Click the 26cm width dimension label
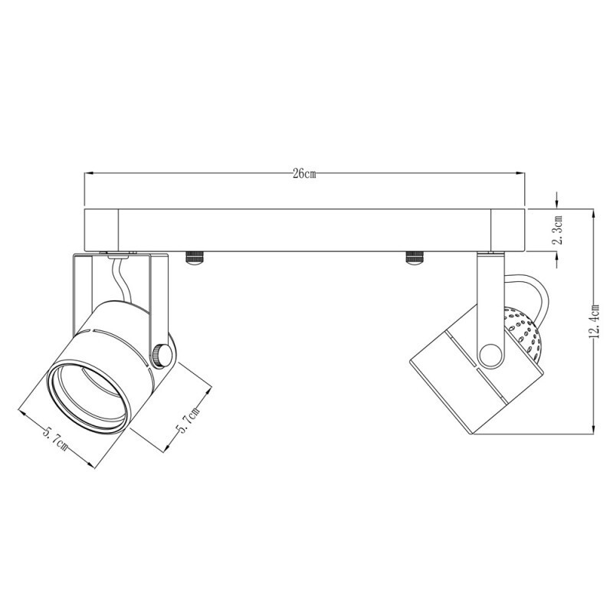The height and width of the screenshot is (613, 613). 304,174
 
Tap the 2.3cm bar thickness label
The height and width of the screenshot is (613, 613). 559,229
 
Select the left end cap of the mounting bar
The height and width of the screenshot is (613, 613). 100,229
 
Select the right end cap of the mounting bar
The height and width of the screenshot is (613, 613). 507,229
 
